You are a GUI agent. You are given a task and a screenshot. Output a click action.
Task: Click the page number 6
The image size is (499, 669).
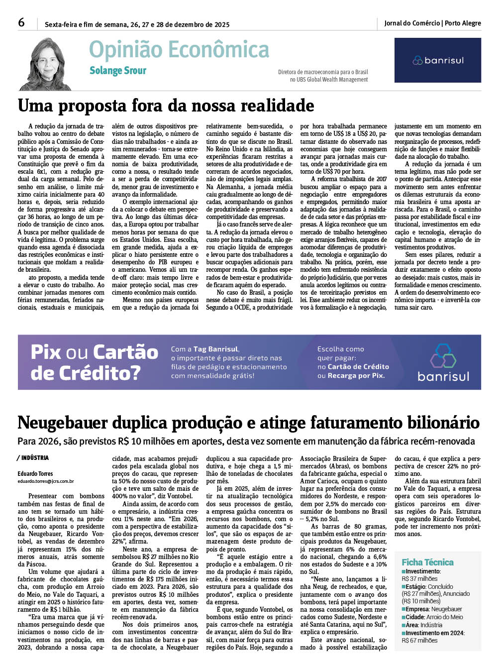(21, 22)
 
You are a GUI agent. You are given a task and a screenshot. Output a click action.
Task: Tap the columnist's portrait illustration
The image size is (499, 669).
(46, 65)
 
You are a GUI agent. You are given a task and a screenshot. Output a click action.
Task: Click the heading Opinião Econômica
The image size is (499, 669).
(179, 50)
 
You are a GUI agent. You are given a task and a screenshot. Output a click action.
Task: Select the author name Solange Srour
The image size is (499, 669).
(118, 71)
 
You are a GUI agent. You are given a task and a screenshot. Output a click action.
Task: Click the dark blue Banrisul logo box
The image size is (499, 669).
(437, 60)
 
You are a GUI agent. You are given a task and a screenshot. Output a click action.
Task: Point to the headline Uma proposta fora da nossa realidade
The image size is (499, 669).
(166, 106)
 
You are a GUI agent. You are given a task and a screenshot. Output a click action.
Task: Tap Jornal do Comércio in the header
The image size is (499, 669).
(411, 23)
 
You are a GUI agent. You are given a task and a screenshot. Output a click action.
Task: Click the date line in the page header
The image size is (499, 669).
(137, 24)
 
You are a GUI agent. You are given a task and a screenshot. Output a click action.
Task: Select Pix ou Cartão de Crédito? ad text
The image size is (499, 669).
(94, 362)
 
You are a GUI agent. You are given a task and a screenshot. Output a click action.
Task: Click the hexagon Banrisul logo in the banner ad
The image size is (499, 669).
(443, 355)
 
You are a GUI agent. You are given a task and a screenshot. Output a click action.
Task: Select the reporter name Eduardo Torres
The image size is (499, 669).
(35, 473)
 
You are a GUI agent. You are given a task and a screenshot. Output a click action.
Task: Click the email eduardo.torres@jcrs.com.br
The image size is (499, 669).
(46, 481)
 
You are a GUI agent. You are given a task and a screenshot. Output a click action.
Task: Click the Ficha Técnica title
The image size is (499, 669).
(427, 562)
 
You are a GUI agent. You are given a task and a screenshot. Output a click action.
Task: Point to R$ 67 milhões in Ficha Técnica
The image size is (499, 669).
(419, 640)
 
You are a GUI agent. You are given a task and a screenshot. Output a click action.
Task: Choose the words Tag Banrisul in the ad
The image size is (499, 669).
(216, 349)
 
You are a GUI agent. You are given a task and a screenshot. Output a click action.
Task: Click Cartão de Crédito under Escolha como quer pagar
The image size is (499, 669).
(358, 367)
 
